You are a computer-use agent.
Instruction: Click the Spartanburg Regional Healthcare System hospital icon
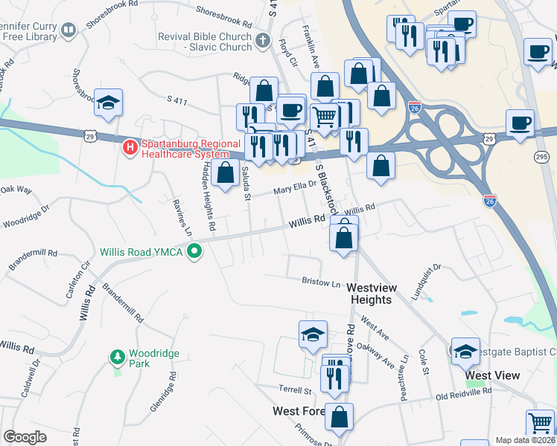[130, 147]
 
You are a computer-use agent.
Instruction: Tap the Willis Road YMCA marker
[195, 251]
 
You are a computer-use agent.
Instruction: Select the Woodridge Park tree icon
[117, 358]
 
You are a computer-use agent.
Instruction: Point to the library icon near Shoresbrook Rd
[69, 30]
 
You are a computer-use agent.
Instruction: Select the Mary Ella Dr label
[296, 190]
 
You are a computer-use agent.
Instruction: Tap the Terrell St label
[295, 390]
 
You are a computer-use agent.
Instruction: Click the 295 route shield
[541, 157]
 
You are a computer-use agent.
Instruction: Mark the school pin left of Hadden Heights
[109, 104]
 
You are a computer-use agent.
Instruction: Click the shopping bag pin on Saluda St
[225, 172]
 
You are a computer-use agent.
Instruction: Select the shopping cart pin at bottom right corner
[540, 424]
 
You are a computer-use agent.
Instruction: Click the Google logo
[25, 437]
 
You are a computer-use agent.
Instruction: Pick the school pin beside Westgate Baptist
[465, 352]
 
